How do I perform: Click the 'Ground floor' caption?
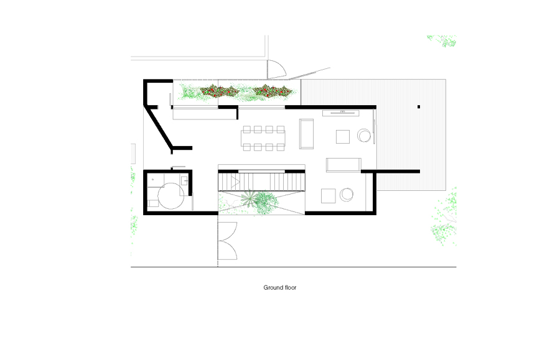click(279, 288)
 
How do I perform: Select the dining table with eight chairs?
click(263, 138)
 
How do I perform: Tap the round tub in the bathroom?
click(170, 196)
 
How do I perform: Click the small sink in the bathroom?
click(184, 180)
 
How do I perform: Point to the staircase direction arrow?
click(235, 182)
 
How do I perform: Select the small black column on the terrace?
click(419, 107)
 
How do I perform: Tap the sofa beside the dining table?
click(306, 134)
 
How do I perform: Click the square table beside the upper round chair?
click(342, 137)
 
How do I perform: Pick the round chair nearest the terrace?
click(364, 136)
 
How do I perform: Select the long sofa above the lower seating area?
click(343, 165)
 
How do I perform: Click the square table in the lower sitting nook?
click(328, 196)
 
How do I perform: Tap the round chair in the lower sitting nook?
click(347, 195)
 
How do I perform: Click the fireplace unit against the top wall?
click(341, 113)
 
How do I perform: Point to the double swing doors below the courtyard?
click(228, 241)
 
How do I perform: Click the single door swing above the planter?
click(277, 69)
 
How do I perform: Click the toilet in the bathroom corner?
click(153, 203)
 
